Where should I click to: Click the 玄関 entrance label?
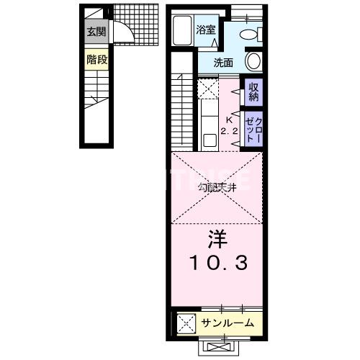(96, 32)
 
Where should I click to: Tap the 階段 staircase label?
(96, 60)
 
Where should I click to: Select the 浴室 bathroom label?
(206, 30)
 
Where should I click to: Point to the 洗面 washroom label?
(223, 62)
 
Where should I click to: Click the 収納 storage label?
(253, 91)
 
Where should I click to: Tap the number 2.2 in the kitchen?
(229, 131)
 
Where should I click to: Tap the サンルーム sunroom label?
(228, 323)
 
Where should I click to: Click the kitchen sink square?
(209, 140)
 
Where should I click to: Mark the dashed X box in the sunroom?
(184, 323)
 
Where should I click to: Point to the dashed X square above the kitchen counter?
(209, 90)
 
